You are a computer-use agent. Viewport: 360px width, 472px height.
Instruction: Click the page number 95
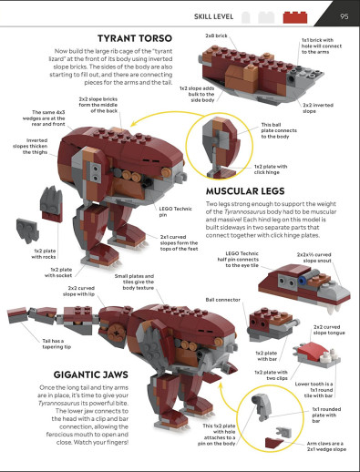coord(344,15)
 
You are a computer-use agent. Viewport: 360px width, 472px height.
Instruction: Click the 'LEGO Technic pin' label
coord(166,210)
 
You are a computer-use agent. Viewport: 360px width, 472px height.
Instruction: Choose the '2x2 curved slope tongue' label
coord(329,331)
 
